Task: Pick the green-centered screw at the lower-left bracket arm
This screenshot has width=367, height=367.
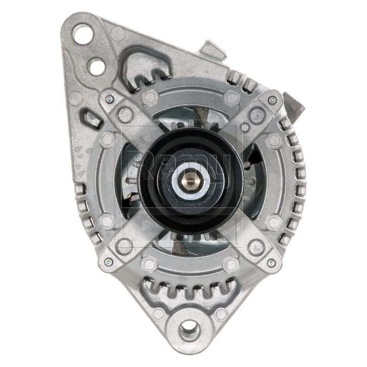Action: point(108,262)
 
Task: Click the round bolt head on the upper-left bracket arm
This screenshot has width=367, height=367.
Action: point(125,115)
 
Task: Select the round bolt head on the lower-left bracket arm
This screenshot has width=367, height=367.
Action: point(125,246)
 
